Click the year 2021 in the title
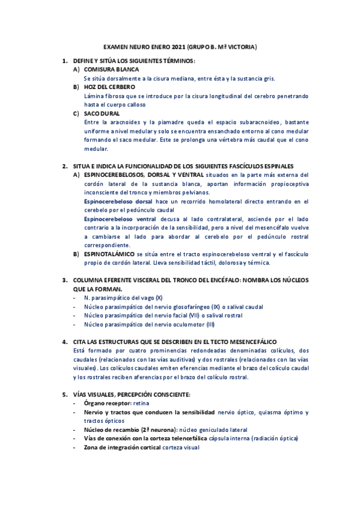click(178, 46)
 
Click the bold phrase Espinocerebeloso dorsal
click(118, 201)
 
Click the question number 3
click(65, 280)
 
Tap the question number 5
click(65, 394)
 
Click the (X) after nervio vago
click(159, 298)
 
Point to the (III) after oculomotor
click(210, 324)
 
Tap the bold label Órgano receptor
click(108, 403)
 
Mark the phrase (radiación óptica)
click(274, 438)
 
